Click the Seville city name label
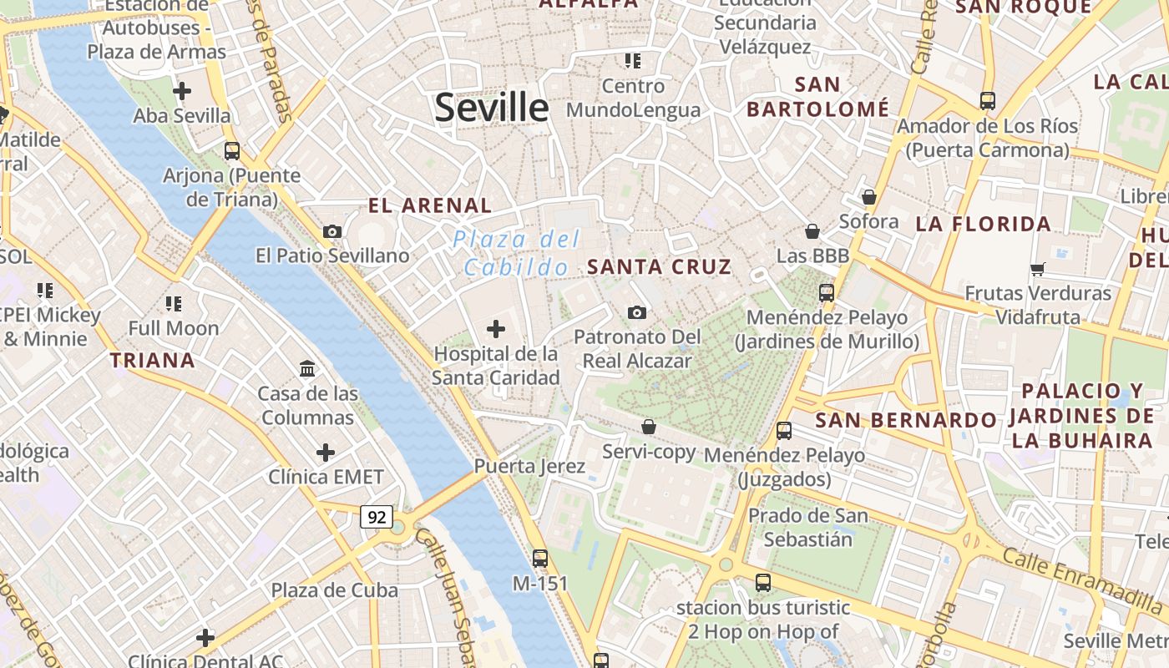click(492, 108)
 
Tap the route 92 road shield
click(377, 517)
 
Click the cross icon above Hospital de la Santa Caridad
click(496, 328)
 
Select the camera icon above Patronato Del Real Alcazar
click(637, 312)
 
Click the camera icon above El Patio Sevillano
click(332, 231)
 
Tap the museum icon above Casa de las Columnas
click(307, 368)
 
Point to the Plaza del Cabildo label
click(515, 253)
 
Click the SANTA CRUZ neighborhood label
click(659, 267)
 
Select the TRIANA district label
click(153, 361)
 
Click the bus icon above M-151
click(540, 558)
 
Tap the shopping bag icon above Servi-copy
click(649, 427)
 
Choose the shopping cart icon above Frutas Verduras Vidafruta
click(1038, 269)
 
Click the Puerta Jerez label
click(529, 466)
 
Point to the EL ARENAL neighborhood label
click(430, 205)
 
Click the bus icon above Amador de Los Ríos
click(988, 101)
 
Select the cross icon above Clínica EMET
click(326, 453)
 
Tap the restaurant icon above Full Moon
click(174, 303)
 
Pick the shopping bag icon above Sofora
click(869, 197)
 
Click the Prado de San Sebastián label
click(807, 527)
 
